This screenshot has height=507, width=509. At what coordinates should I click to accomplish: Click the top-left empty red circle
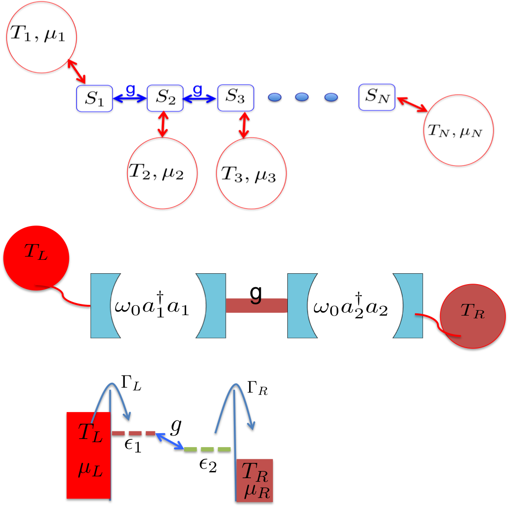(41, 37)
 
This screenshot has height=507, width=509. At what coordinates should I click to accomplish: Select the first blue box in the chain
(94, 98)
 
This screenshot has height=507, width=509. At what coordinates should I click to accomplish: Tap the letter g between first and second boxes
(130, 89)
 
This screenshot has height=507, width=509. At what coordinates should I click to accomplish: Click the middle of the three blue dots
(302, 97)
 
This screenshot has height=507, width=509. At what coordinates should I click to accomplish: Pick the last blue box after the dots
(377, 97)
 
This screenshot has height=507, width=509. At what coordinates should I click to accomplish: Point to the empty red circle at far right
(459, 130)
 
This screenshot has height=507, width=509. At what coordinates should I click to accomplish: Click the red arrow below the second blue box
(163, 124)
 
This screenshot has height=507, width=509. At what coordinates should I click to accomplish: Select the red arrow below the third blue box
(244, 125)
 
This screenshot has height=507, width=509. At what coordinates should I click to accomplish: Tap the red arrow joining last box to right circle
(412, 104)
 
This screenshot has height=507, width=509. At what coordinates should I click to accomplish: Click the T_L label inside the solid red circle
(36, 252)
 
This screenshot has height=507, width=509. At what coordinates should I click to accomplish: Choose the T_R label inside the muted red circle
(473, 311)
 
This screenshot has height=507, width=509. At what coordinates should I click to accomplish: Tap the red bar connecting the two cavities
(256, 305)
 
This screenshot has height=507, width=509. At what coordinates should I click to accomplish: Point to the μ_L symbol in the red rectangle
(90, 469)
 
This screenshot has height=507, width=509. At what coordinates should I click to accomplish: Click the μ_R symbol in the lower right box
(257, 491)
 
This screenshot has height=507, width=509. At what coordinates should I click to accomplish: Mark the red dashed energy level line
(133, 433)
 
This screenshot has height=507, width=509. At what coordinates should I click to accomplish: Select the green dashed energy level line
(207, 449)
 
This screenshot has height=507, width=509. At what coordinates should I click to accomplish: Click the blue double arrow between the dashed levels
(170, 440)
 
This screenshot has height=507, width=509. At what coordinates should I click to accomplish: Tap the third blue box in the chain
(236, 97)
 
